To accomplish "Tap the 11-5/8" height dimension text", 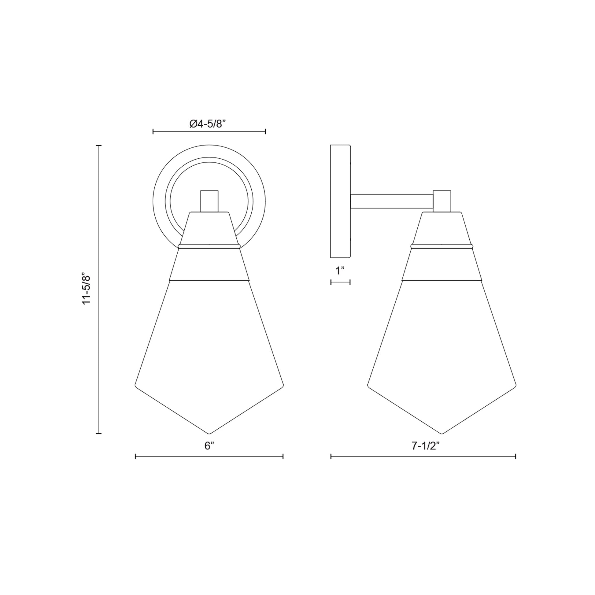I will pos(87,289).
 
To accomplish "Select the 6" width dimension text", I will pos(209,445).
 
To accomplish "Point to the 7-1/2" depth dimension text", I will pos(425,445).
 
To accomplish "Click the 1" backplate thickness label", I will pos(340,271).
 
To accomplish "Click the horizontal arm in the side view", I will pos(391,201).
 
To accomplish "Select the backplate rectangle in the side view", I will pos(340,201).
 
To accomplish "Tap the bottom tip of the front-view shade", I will pos(209,433).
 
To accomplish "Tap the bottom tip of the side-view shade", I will pos(442,433).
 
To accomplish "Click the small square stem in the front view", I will pos(209,201).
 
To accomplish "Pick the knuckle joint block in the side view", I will pos(442,201).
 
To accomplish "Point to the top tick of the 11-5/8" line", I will pos(98,145).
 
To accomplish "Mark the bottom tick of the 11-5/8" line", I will pos(98,433).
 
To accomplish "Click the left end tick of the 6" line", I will pos(135,456).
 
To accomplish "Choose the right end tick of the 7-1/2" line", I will pos(516,456).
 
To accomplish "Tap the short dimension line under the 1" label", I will pos(340,282).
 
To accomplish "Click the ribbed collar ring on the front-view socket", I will pos(209,246).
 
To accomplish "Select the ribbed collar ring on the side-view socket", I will pos(442,246).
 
